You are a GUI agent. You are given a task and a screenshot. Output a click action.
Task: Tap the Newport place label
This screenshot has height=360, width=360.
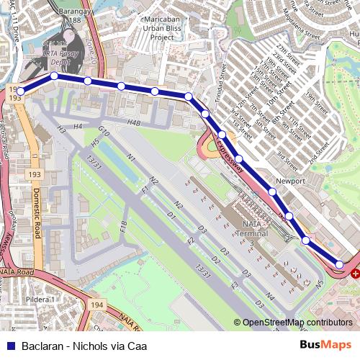point(292,181)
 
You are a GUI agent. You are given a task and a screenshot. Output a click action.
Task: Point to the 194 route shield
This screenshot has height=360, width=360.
point(97,306)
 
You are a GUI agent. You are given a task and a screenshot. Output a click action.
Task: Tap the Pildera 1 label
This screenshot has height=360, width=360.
point(40,299)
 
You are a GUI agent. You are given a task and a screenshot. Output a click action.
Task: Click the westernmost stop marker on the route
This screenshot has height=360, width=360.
point(20,91)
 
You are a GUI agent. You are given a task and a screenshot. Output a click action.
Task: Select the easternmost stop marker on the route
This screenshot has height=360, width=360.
point(340,264)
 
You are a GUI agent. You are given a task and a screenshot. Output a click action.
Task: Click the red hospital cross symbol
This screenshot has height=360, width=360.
point(355,274)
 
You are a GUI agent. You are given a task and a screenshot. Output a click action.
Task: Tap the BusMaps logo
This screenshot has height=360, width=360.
point(325,346)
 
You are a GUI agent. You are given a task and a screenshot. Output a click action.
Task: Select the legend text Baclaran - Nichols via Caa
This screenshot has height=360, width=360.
point(84,346)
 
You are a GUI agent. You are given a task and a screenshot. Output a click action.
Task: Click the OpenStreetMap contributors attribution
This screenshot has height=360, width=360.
point(297,323)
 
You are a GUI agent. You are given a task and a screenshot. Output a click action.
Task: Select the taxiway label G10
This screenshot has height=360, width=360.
point(103,132)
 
